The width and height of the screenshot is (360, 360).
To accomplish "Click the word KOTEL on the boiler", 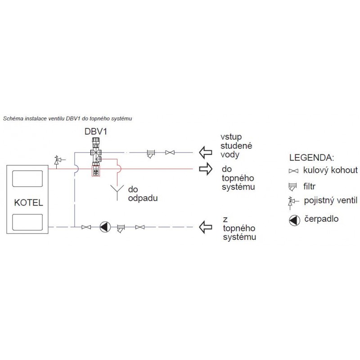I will point(29,202).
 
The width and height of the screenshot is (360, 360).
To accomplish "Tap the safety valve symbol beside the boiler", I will point(57,160).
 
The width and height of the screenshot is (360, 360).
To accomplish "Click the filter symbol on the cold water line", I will point(151,153).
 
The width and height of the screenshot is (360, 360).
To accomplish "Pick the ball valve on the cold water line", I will point(170,153).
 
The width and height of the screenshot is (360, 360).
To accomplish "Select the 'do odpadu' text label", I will point(139,193).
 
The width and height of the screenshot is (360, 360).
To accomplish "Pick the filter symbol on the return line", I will point(121,228).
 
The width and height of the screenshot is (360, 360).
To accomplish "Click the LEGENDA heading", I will point(311,158).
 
